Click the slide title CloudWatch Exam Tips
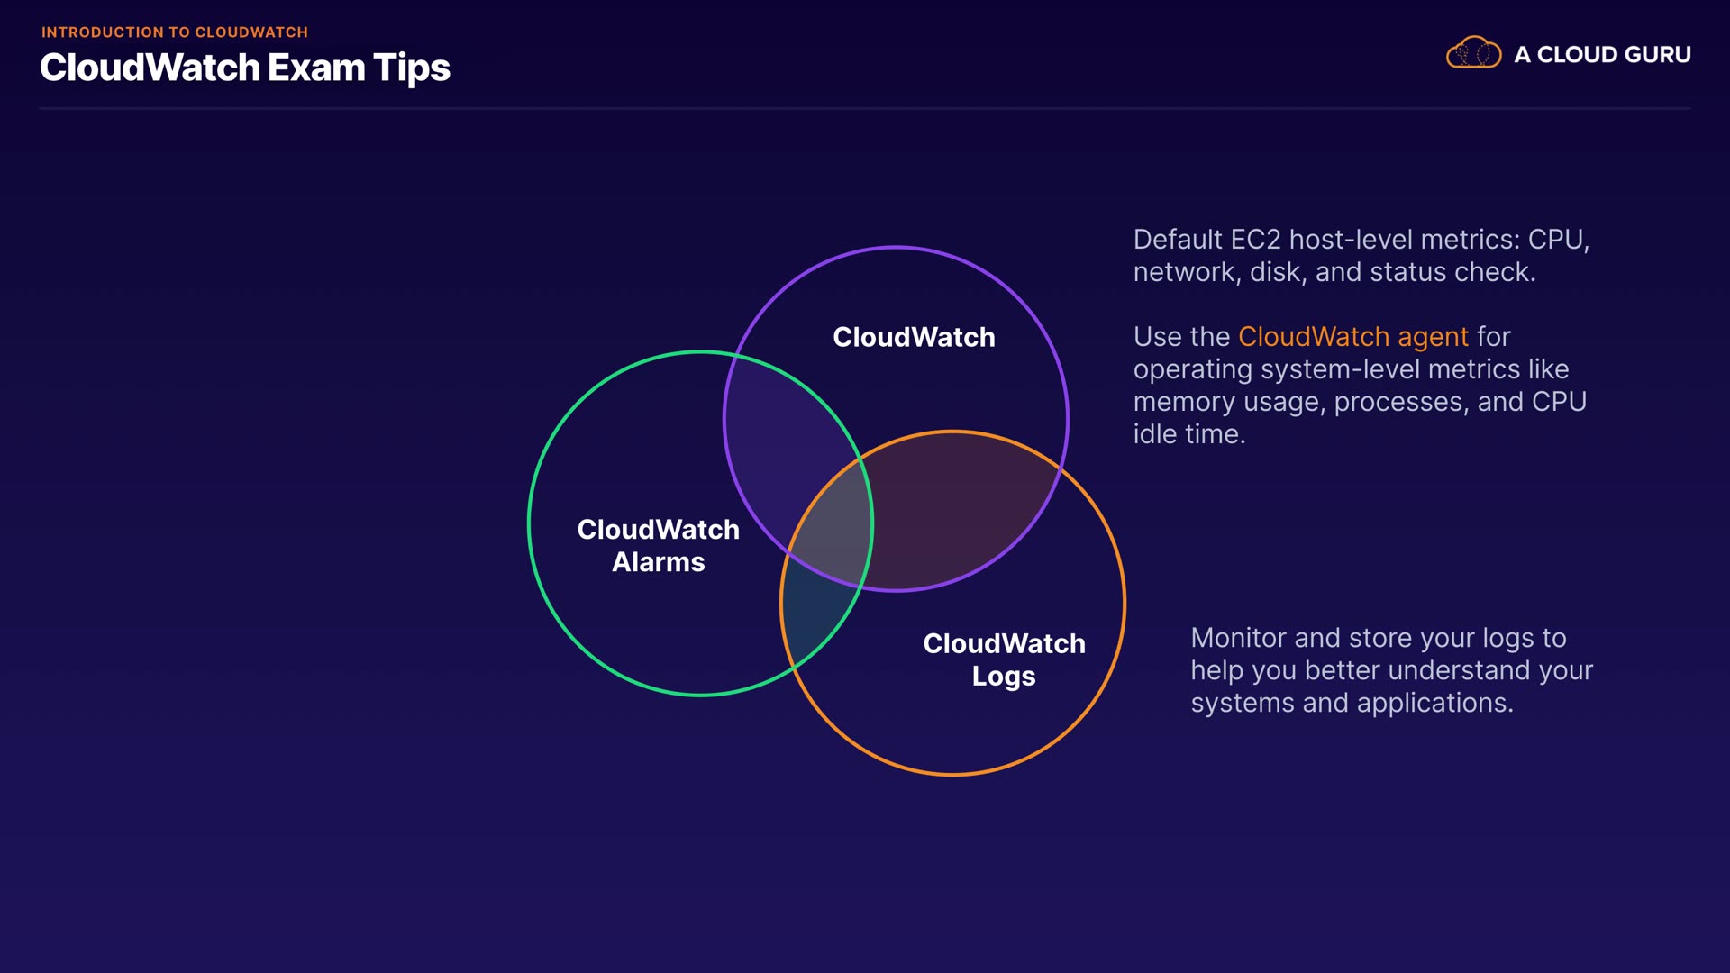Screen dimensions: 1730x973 [244, 68]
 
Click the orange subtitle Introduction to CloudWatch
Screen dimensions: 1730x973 [175, 32]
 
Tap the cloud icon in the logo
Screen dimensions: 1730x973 [1473, 53]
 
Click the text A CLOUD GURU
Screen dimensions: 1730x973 [1602, 55]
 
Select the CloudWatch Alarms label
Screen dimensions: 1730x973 [658, 545]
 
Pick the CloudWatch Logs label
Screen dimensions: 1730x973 [1004, 659]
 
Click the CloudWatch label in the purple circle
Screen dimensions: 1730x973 [914, 337]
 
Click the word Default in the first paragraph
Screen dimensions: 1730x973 [1178, 240]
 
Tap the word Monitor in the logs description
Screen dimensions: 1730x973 [1238, 638]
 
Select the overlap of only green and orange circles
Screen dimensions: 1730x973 [815, 622]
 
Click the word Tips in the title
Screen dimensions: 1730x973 [412, 68]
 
